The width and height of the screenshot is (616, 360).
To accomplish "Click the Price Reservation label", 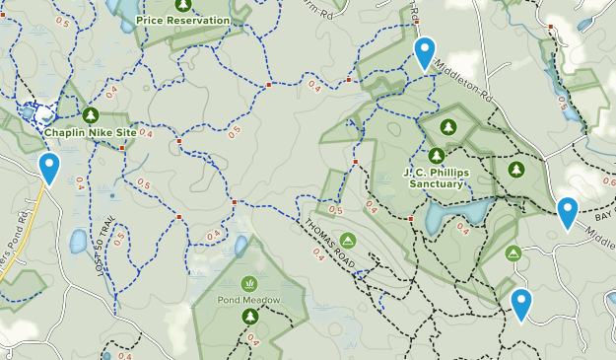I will (182, 20).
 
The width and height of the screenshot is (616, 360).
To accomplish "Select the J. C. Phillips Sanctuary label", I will (434, 178).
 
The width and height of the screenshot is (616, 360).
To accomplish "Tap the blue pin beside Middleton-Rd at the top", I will (425, 51).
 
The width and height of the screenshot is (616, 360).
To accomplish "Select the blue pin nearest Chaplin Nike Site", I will (48, 167).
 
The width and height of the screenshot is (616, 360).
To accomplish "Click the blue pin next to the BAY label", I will (567, 211).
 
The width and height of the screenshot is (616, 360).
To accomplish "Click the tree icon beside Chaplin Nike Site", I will (91, 113).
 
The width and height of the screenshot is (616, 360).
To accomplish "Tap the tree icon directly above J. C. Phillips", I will (436, 155).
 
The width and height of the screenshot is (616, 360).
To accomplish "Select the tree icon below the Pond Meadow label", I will (250, 317).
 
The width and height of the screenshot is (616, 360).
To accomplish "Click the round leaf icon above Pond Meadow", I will (248, 282).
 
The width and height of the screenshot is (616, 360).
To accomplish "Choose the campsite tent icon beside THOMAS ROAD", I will (348, 240).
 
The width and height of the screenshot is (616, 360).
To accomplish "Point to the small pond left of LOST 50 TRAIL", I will (78, 241).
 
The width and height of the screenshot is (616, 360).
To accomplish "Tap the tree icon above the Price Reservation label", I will (181, 4).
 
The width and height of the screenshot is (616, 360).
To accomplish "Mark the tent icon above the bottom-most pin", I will (513, 253).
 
